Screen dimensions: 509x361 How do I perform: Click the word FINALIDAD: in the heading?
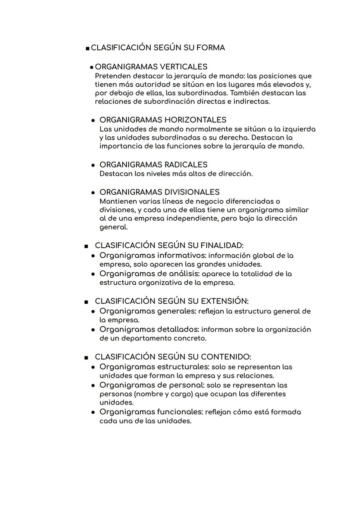point(222,245)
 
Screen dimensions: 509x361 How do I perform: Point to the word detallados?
point(178,330)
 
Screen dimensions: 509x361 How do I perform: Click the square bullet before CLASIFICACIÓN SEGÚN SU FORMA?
point(88,48)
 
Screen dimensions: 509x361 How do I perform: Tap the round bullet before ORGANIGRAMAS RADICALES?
point(94,165)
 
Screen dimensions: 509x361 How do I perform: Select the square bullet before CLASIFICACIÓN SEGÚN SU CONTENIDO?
point(86,357)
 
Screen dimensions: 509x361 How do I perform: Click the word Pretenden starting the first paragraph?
point(113,76)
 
